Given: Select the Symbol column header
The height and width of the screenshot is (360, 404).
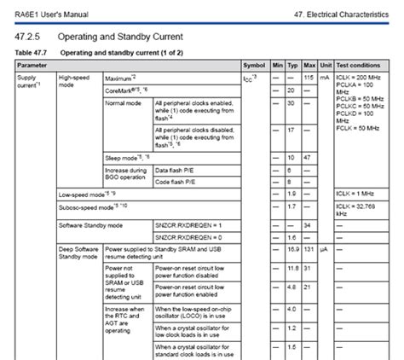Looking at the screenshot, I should coord(255,65).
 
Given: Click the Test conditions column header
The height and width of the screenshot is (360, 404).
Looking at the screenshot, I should coord(359,65).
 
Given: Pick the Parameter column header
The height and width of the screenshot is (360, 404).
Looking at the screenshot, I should coord(33,65).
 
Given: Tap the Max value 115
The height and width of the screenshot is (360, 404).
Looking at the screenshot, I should coord(310,78).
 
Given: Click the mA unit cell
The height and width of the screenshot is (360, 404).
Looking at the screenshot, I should coord(325,78).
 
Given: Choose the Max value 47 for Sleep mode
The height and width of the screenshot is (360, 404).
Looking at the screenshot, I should coord(310,158).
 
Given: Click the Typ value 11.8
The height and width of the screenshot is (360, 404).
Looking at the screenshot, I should coord(294,269).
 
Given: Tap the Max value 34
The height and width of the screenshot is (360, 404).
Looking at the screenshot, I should coord(310,224).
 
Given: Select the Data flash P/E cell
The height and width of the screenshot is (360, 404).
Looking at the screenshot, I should coord(176,171).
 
